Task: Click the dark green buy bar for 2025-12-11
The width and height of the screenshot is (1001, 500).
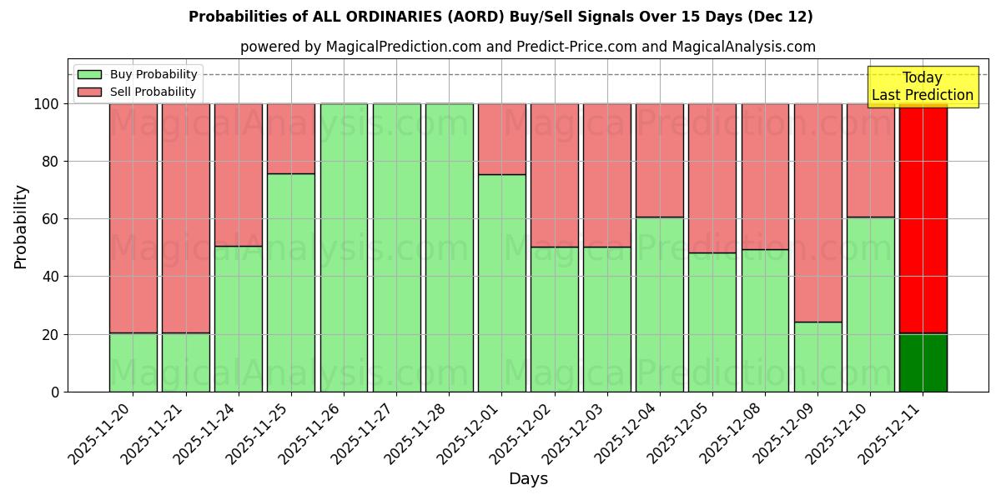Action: (923, 362)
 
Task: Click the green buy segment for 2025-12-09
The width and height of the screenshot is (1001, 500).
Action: (817, 357)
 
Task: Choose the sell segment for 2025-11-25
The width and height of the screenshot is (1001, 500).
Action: (291, 138)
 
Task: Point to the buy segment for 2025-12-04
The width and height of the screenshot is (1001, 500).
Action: (660, 304)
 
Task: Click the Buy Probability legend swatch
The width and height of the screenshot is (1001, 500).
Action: (89, 75)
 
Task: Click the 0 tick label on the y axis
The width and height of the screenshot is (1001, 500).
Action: (55, 392)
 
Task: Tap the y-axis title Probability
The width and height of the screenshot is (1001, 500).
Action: (21, 227)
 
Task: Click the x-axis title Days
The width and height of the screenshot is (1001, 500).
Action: (528, 479)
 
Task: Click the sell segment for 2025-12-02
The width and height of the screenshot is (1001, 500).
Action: (555, 175)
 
